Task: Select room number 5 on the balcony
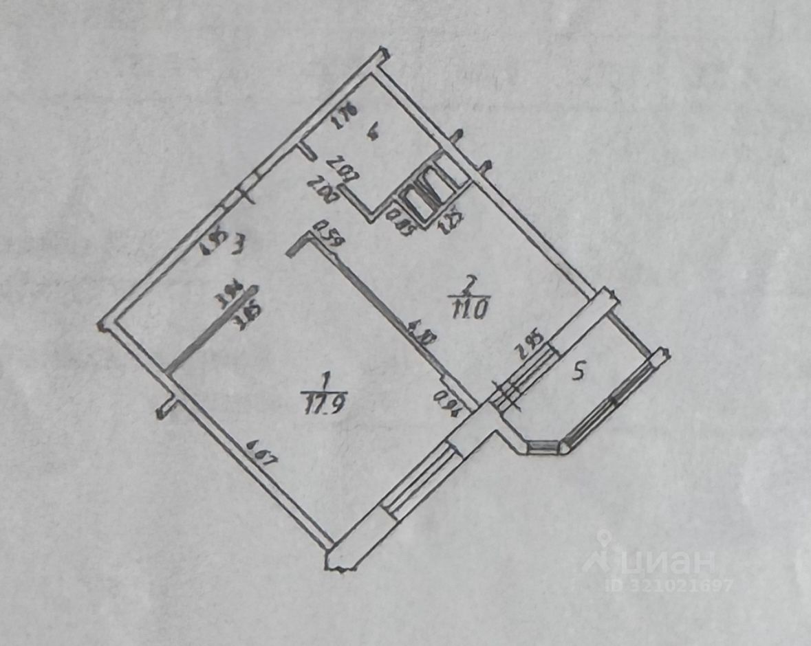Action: click(x=579, y=372)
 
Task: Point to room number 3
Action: click(x=237, y=243)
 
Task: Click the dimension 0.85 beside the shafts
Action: click(x=396, y=221)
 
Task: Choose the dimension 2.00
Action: click(x=321, y=190)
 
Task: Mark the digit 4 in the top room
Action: click(x=372, y=135)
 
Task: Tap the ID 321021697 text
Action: click(x=669, y=586)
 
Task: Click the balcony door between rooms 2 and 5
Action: click(x=526, y=375)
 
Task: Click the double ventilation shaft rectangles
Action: click(x=424, y=192)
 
